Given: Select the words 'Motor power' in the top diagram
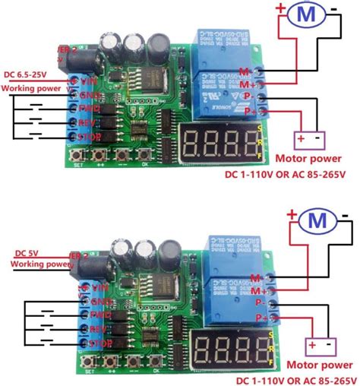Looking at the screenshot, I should (x=308, y=160).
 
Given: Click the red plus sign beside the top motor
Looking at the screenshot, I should (x=280, y=8).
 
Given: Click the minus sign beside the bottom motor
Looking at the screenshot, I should (x=346, y=217).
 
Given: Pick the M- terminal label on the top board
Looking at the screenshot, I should (x=245, y=71).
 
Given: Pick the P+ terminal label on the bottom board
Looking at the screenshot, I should (x=261, y=315).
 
